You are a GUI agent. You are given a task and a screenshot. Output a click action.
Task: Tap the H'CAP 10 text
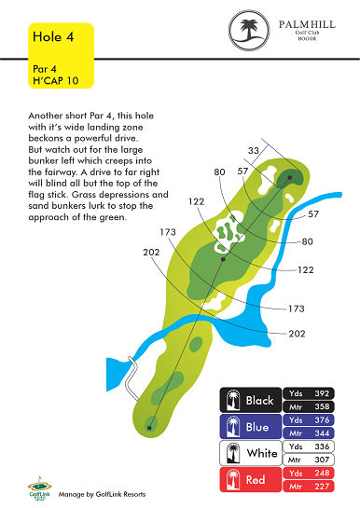click(x=55, y=81)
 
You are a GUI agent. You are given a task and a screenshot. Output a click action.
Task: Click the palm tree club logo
click(x=249, y=30)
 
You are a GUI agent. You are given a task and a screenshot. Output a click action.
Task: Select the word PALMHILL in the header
click(x=307, y=24)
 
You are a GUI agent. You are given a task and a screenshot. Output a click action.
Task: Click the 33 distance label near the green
click(x=254, y=150)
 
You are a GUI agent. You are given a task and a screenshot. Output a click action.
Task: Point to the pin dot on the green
click(x=290, y=177)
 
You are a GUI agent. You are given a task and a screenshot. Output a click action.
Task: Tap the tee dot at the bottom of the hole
click(x=149, y=428)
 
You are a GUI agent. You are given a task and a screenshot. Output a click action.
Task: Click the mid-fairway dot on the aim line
click(x=223, y=259)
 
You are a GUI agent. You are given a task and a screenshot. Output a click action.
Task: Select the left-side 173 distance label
click(x=168, y=232)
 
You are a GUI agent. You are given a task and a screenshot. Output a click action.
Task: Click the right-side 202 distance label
click(x=297, y=334)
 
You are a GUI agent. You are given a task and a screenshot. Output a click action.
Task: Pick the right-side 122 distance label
click(x=305, y=270)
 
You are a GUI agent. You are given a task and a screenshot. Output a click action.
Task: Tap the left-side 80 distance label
click(x=219, y=172)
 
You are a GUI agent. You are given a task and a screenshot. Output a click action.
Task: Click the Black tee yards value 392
click(x=322, y=393)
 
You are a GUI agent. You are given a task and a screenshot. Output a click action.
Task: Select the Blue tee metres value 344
click(x=322, y=433)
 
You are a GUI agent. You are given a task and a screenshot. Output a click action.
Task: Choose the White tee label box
click(x=251, y=453)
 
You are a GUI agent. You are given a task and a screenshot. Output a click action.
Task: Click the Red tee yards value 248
click(x=322, y=473)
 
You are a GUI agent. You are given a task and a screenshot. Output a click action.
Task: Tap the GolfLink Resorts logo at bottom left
click(x=39, y=488)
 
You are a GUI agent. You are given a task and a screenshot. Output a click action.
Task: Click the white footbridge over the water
click(x=132, y=378)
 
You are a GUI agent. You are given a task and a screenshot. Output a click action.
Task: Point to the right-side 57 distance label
click(x=313, y=213)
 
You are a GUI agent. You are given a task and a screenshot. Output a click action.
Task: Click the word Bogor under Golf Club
click(x=307, y=38)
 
